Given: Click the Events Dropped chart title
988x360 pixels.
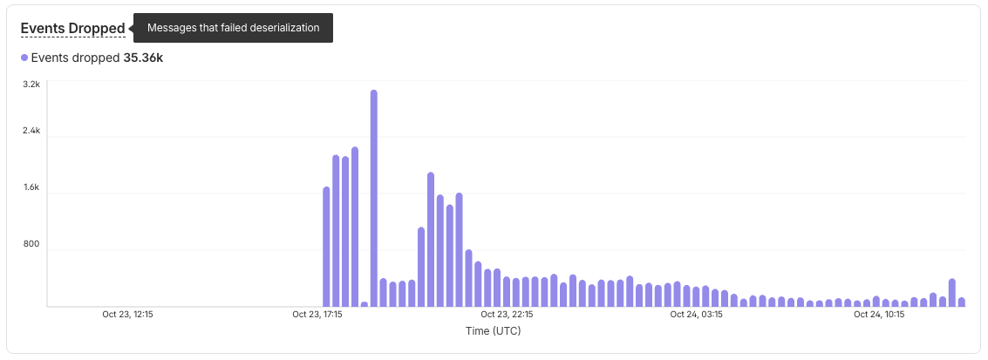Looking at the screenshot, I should point(72,28).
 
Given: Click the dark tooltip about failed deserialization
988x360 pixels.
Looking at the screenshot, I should point(233,28).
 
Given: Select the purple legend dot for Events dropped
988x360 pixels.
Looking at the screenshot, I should point(24,58).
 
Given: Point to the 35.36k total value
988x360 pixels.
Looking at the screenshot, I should point(144,58).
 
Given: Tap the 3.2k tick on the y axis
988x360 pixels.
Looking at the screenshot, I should point(31,85).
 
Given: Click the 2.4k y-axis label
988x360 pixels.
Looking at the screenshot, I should point(31,131).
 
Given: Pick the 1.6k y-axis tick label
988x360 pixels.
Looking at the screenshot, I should point(31,187).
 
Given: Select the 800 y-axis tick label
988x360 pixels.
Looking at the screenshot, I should point(32,244).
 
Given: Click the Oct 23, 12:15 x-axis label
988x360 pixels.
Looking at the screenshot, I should point(127,315).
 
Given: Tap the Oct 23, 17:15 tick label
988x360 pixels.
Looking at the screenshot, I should point(317,315).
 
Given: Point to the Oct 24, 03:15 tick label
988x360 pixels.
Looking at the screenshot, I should point(695,315).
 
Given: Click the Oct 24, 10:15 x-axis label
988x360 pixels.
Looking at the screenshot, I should point(878,315).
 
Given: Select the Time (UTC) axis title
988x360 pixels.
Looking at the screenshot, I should point(494,331).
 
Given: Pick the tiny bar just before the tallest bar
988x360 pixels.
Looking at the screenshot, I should point(365,304).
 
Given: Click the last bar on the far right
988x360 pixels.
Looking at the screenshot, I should point(962,302).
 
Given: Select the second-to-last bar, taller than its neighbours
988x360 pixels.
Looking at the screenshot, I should point(952,293).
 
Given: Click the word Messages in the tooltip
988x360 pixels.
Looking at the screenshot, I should point(172,28).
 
